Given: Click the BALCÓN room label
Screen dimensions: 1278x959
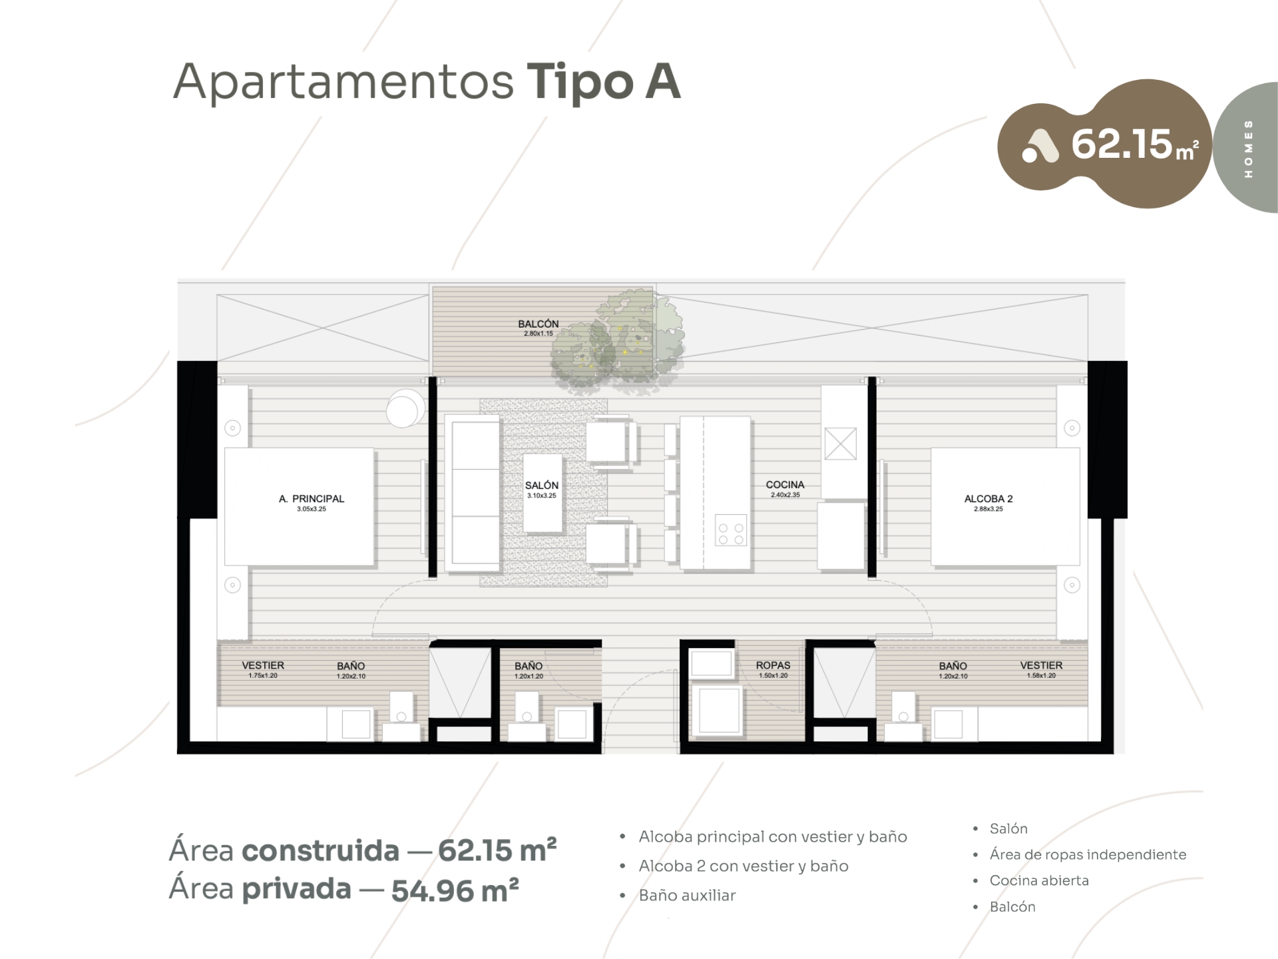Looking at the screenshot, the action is (x=538, y=324).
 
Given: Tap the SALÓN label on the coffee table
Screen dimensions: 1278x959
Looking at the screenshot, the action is (x=542, y=485).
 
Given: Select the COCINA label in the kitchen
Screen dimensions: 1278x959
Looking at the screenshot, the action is (x=785, y=485).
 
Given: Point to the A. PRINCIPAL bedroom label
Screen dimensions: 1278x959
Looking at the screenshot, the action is (x=312, y=499).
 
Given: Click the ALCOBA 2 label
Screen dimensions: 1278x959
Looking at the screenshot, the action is (x=988, y=499).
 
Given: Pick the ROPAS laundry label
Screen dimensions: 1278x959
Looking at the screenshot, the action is (x=773, y=665).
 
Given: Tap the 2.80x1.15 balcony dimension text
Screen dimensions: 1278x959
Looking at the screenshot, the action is (x=538, y=334).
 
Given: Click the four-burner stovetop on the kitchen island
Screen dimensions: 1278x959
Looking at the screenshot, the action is (x=731, y=530).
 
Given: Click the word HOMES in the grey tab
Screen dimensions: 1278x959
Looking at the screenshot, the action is (x=1248, y=149).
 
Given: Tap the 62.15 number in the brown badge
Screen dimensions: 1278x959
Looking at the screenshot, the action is (x=1121, y=144).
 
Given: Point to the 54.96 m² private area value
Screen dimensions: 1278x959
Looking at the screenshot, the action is (x=455, y=890).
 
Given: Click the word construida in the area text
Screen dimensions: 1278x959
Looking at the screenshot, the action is (x=320, y=850).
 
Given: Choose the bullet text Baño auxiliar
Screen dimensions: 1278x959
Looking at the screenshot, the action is (x=687, y=895).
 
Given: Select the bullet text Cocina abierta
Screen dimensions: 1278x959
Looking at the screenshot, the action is (x=1039, y=880).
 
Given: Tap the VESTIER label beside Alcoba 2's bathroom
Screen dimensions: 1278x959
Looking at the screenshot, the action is (x=1041, y=665).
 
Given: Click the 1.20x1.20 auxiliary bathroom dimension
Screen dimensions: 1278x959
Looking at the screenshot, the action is (x=529, y=677).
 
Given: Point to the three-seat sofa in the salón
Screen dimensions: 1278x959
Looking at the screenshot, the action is (x=473, y=493).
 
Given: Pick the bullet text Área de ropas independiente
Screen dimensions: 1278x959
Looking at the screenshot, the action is (x=1088, y=854).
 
